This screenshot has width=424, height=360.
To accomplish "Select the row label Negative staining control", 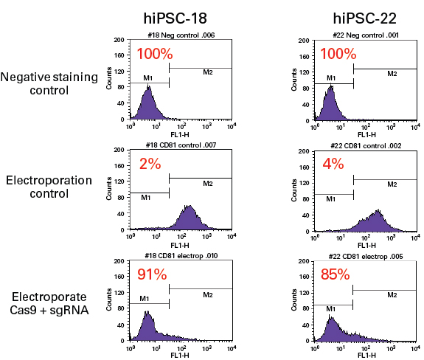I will tap(46, 83).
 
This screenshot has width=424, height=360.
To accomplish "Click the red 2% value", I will tap(150, 165).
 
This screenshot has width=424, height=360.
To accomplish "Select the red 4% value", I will tap(333, 165).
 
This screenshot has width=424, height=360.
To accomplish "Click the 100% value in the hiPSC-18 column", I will tap(155, 54).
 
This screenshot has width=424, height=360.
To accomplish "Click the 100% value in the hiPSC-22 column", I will tap(338, 54).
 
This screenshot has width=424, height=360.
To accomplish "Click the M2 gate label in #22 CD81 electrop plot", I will tap(392, 295).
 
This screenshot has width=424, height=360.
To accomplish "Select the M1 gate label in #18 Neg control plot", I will tap(147, 77).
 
